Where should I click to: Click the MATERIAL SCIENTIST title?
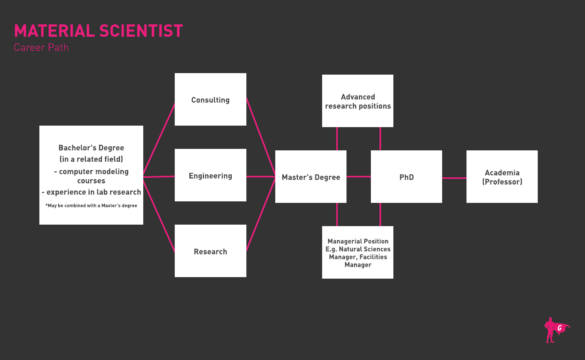click(x=98, y=31)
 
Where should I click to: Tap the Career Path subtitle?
click(x=41, y=48)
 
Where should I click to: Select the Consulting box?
click(x=210, y=100)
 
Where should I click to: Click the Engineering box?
click(x=210, y=175)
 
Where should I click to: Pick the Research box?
click(x=210, y=251)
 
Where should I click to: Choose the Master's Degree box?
click(x=311, y=177)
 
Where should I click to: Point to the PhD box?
click(x=406, y=177)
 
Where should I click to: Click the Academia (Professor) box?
click(x=502, y=177)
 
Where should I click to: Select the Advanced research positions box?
click(x=358, y=101)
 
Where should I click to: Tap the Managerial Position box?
click(x=358, y=253)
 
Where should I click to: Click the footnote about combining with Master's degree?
click(x=91, y=205)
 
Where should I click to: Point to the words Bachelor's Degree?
click(x=91, y=148)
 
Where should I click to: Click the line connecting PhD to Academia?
click(x=454, y=178)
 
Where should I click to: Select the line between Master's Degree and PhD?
click(x=358, y=177)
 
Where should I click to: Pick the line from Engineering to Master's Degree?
click(x=261, y=177)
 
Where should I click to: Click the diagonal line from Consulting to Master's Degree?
click(x=261, y=137)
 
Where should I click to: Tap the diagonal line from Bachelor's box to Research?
click(x=159, y=216)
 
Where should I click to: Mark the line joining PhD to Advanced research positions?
click(x=380, y=139)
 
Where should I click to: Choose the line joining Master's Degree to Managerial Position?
click(x=337, y=214)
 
